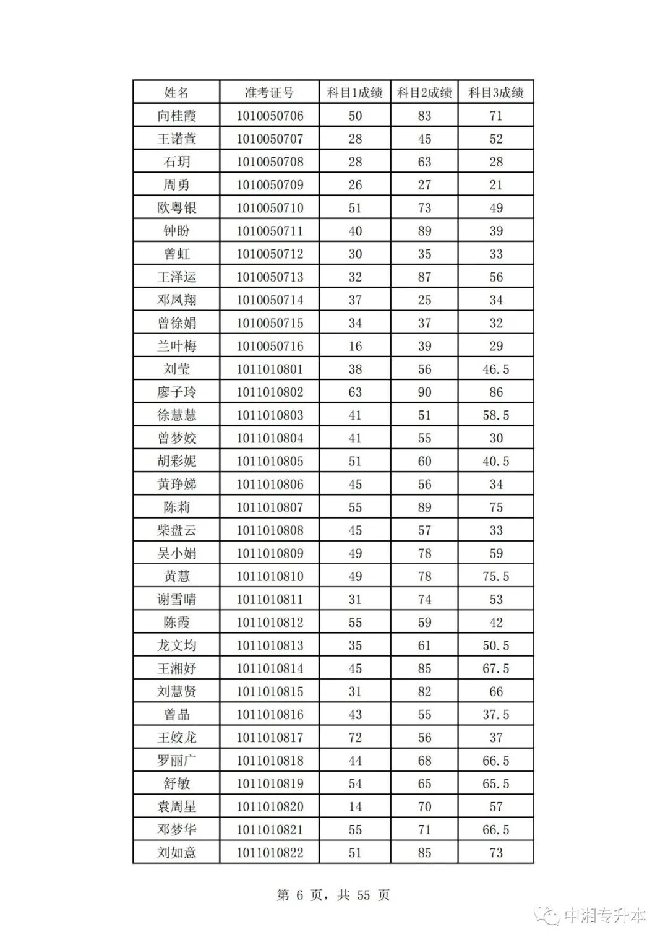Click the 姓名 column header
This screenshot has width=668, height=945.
tap(176, 93)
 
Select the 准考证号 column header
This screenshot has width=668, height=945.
tap(269, 93)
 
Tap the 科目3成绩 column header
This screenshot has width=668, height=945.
tap(495, 93)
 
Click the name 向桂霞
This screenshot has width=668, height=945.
tap(176, 116)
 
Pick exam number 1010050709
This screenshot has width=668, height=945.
tap(270, 185)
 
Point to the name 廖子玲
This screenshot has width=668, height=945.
tap(176, 392)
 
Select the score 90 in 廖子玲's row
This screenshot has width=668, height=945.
tap(424, 392)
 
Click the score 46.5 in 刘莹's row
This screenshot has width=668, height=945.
tap(495, 369)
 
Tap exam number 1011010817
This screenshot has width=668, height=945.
tap(270, 738)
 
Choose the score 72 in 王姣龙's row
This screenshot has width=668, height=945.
tap(355, 738)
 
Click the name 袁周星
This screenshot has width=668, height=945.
tap(176, 807)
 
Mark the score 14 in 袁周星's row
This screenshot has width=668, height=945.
tap(355, 807)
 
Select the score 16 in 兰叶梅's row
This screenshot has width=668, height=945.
tap(355, 347)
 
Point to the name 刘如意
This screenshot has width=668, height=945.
tap(176, 853)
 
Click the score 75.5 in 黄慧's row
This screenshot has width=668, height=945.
tap(495, 577)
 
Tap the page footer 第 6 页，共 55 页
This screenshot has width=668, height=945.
tap(333, 895)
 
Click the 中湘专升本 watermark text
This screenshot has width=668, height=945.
tap(604, 916)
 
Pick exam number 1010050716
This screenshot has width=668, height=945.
tap(270, 347)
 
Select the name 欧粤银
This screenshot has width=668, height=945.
tap(176, 208)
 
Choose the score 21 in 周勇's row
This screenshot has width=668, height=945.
tap(495, 185)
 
